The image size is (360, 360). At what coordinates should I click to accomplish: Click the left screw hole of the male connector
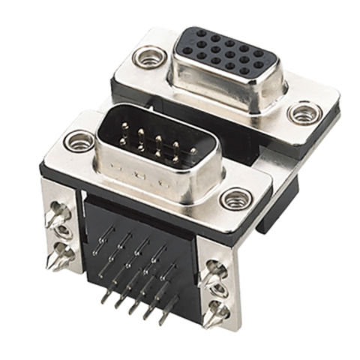coord(76,139)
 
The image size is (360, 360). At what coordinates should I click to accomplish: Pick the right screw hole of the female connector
coord(304,115)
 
